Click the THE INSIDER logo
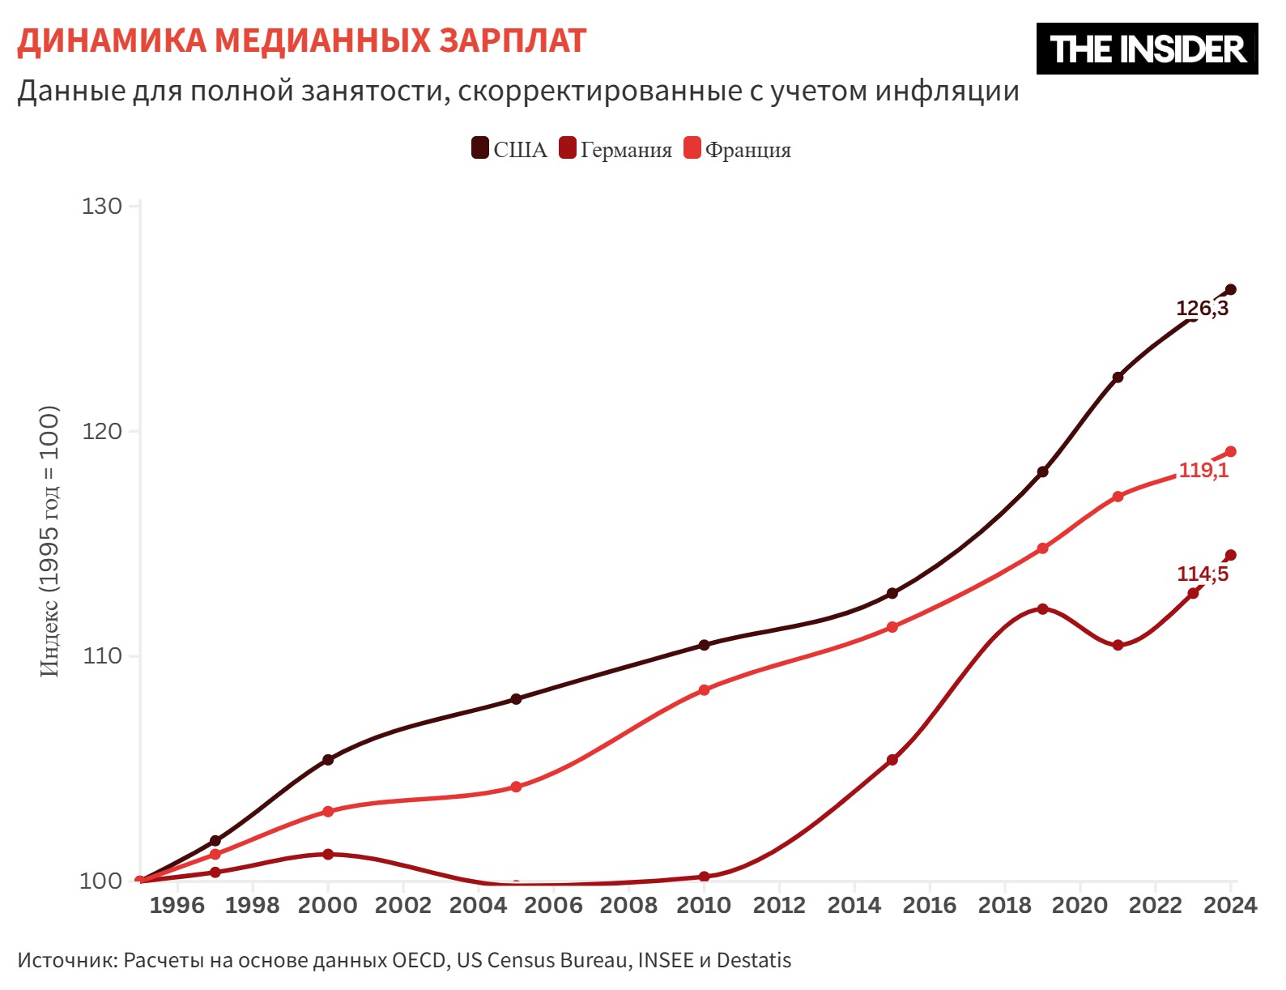1147,49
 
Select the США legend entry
510,150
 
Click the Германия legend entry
616,150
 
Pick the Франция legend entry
738,150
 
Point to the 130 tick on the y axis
102,206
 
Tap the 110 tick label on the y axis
102,655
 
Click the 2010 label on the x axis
703,905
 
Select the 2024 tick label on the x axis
1229,905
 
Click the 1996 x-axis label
177,905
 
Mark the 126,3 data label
1202,309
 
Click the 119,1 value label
1203,470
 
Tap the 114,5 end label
1203,574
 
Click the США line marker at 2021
1118,378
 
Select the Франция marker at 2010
704,690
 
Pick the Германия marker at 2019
1042,608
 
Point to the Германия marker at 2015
892,760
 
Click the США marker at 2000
328,760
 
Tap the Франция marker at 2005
516,787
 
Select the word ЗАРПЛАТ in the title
513,41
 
